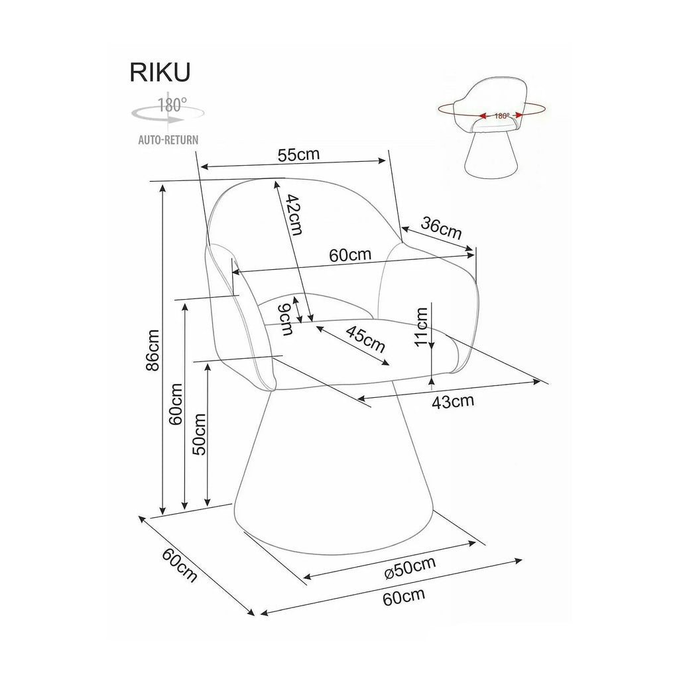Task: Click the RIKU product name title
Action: [160, 72]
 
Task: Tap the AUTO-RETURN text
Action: [168, 139]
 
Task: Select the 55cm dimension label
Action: [298, 154]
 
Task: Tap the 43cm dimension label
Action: [453, 401]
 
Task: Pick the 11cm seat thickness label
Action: [421, 326]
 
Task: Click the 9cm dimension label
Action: [285, 319]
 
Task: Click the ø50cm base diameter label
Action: [410, 568]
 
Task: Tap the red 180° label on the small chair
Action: [501, 115]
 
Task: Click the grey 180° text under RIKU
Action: [172, 105]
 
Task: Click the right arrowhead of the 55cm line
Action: [381, 160]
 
